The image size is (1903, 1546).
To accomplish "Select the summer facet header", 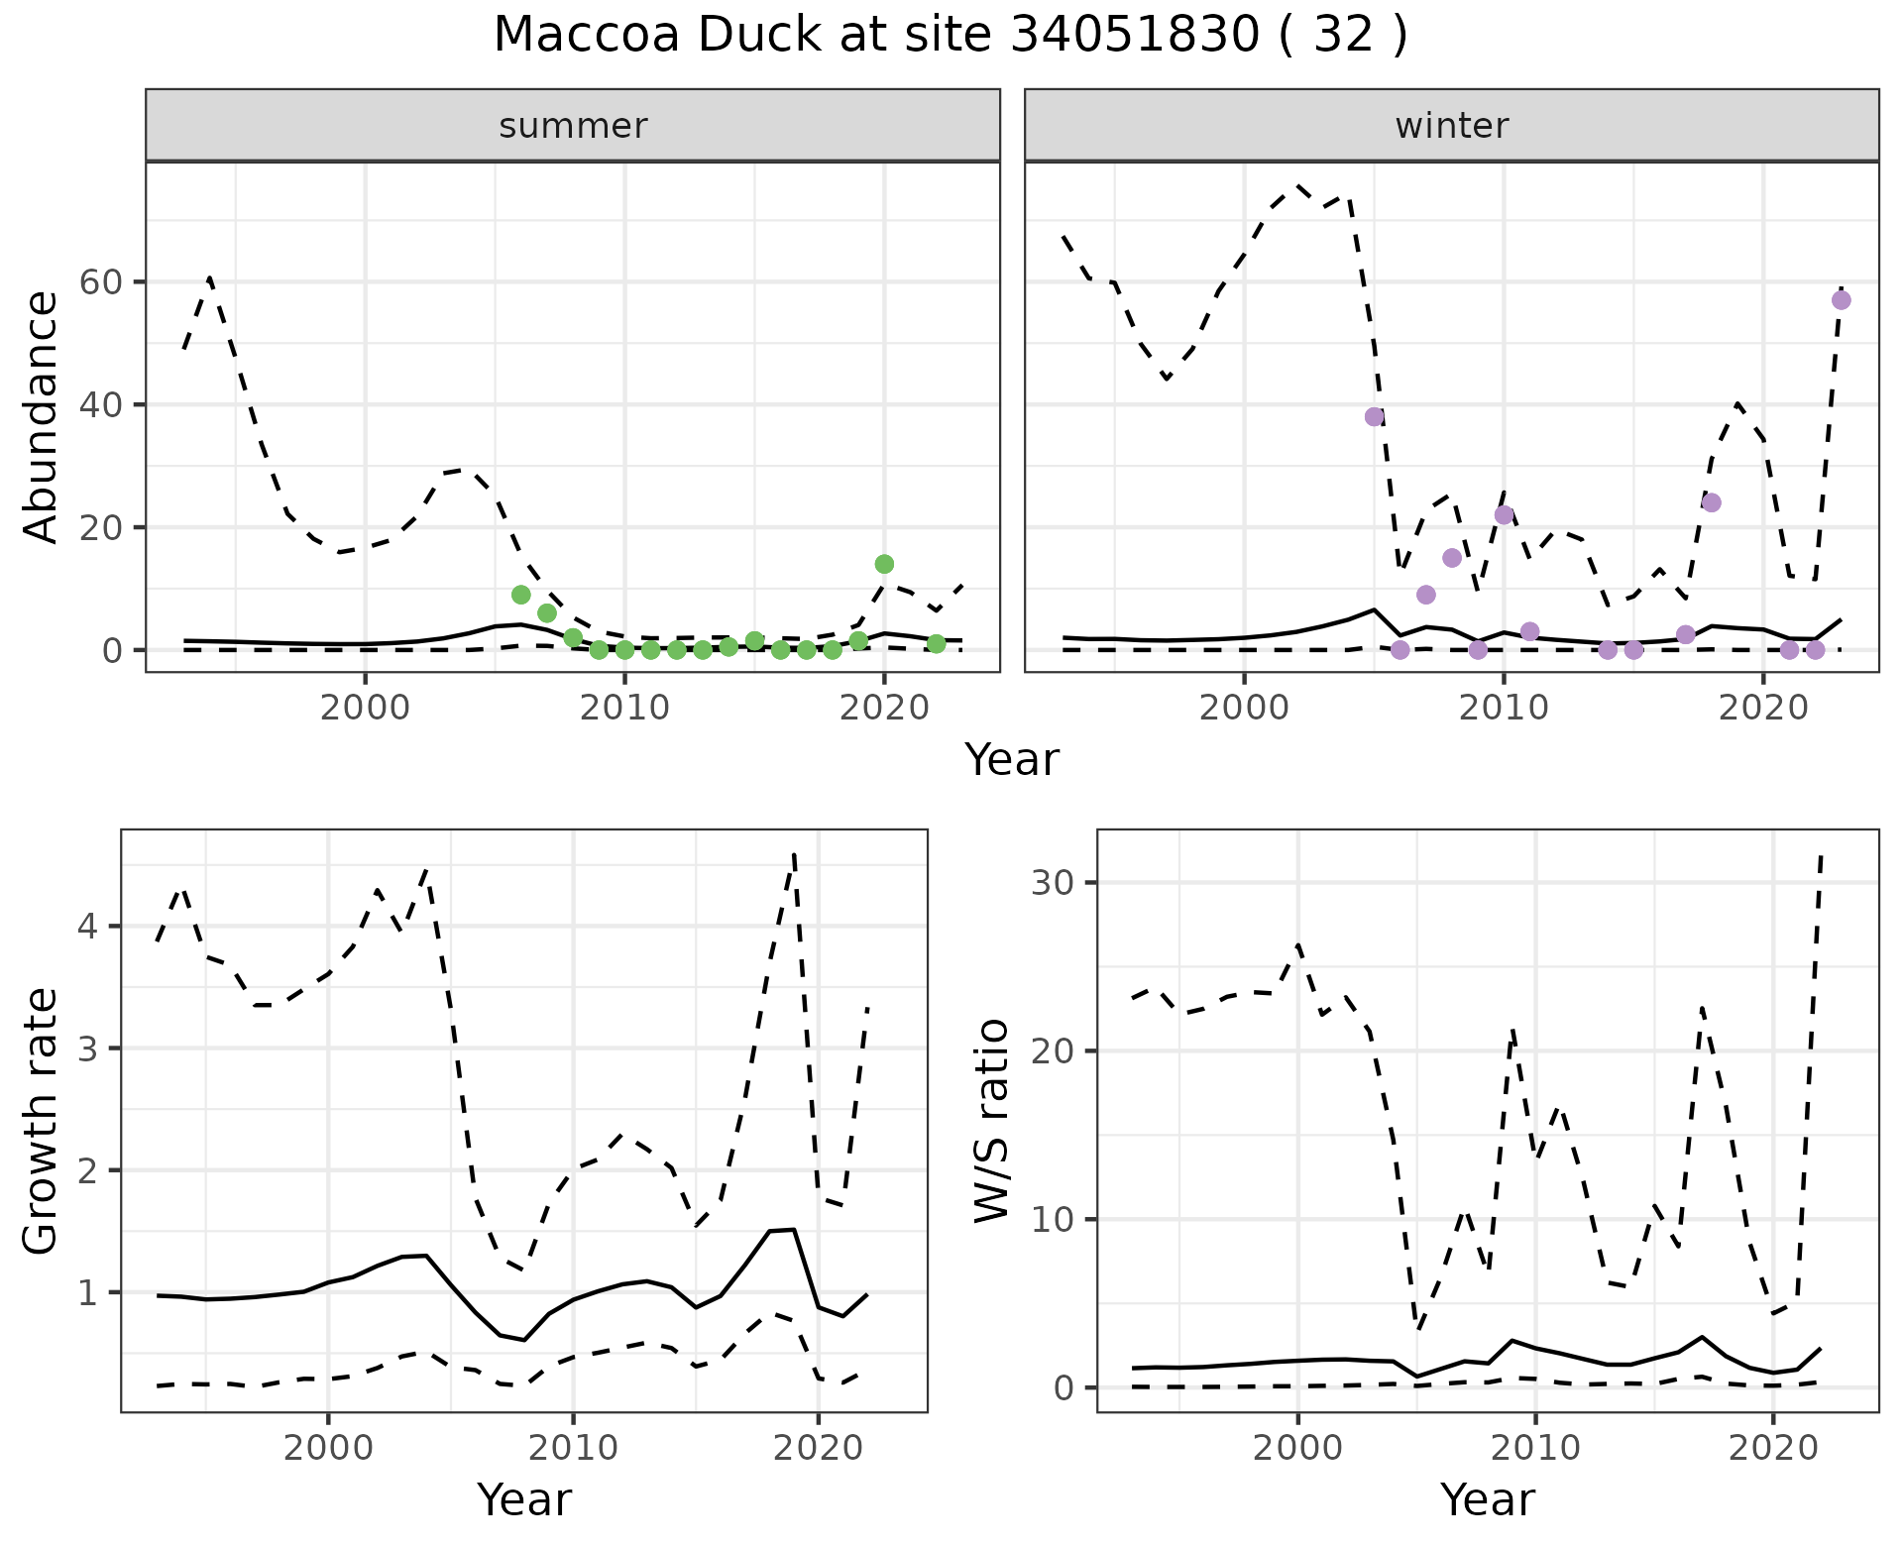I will pos(573,126).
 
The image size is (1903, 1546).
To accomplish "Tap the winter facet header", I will pos(1451,126).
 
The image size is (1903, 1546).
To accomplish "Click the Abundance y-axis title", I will pos(42,417).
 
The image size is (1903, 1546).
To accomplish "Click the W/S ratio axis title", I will pos(992,1121).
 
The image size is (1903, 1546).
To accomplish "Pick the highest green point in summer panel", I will pos(885,564).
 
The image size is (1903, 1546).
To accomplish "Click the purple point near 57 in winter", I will pos(1842,300).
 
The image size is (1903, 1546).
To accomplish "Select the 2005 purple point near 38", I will pos(1374,416).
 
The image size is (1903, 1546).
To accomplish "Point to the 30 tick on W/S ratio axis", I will pos(1058,883).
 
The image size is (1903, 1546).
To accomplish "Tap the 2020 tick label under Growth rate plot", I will pos(818,1448).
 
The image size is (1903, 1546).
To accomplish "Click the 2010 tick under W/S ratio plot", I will pos(1535,1448).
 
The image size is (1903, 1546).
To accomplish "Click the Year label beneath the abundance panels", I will pos(1012,760).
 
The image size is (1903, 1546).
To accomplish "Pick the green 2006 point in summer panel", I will pos(521,595).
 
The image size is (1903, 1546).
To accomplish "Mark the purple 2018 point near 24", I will pos(1712,502).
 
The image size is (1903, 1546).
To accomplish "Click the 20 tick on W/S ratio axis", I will pos(1058,1050).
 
